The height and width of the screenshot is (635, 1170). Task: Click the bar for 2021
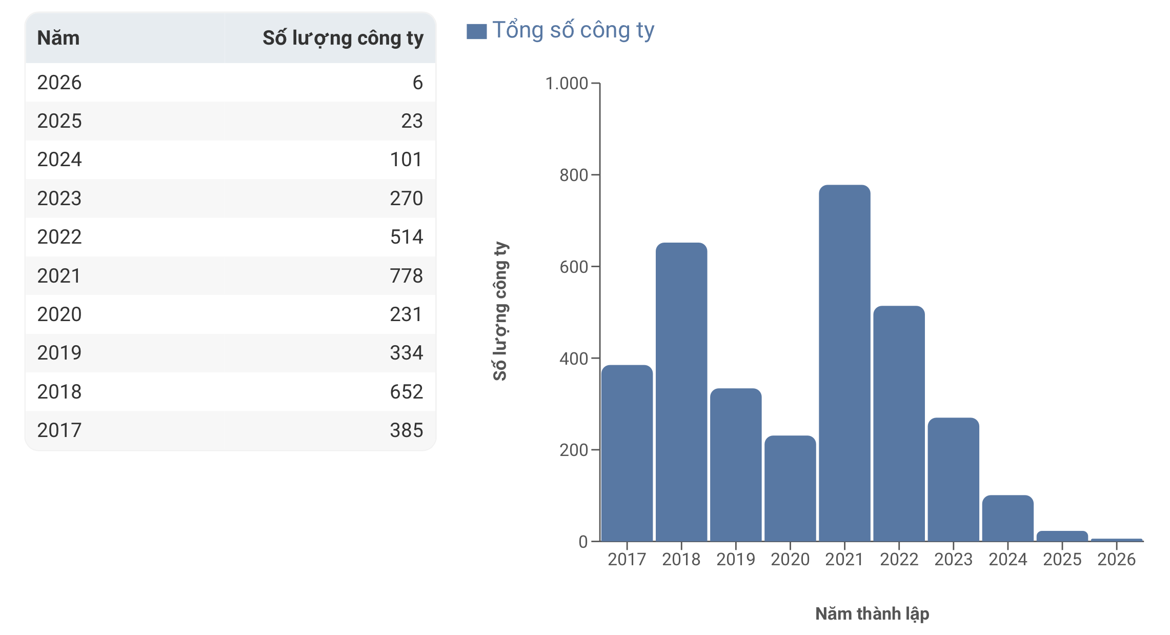pos(844,363)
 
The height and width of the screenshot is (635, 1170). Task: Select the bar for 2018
pos(681,392)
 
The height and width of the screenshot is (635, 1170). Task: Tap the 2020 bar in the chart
pos(790,488)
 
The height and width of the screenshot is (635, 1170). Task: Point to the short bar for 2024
pos(1008,518)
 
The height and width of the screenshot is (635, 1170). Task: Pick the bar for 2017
pos(627,453)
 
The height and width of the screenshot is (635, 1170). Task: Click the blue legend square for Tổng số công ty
pos(476,31)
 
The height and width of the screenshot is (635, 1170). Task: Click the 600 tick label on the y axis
pos(574,267)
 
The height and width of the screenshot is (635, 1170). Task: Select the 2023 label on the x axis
pos(954,559)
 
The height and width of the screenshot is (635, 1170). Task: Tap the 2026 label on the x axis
pos(1117,559)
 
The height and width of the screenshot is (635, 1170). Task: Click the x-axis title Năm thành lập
pos(872,614)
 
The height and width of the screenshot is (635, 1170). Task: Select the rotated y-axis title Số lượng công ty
pos(500,311)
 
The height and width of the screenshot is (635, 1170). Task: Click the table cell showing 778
pos(407,276)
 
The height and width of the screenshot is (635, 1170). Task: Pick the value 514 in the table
pos(407,237)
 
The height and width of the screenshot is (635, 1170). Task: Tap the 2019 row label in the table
pos(59,353)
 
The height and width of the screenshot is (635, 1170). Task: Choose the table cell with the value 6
pos(418,83)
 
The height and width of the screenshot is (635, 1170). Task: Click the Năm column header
pos(58,38)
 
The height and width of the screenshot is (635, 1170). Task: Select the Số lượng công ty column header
pos(343,38)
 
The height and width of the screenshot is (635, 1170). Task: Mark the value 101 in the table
pos(407,160)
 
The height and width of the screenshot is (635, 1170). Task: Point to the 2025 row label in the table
pos(59,121)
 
